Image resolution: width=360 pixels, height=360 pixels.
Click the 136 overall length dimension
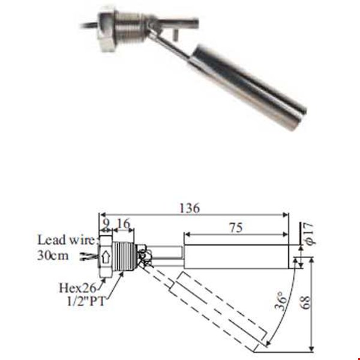pos(190,208)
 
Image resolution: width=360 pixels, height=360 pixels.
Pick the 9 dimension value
pos(106,226)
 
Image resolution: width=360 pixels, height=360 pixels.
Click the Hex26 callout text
pos(79,287)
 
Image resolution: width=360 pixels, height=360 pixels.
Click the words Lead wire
pos(65,240)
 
